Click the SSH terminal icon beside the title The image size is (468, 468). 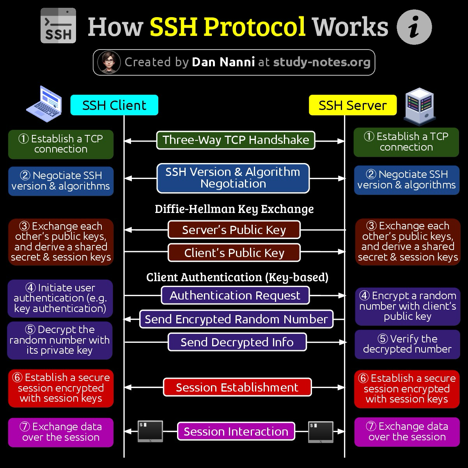tap(58, 25)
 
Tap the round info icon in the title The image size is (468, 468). tap(414, 27)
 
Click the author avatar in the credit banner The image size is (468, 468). tap(109, 62)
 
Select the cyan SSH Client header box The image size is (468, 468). tap(114, 105)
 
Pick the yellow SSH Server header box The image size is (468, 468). tap(353, 105)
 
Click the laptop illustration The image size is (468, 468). tap(44, 104)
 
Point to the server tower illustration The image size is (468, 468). tap(419, 107)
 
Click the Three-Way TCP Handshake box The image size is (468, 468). tap(236, 140)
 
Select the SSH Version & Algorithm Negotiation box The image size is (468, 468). tap(233, 178)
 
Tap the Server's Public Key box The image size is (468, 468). tap(234, 230)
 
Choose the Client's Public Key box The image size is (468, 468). tap(234, 253)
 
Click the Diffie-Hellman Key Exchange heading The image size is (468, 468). tap(234, 209)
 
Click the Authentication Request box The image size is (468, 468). tap(235, 295)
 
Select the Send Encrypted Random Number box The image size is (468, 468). tap(236, 319)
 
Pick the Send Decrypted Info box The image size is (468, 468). tap(237, 342)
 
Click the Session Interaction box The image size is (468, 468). tap(236, 431)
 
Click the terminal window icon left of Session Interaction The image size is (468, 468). tap(150, 431)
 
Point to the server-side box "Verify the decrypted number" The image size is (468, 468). tap(407, 344)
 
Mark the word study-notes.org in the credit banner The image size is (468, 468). tap(322, 62)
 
